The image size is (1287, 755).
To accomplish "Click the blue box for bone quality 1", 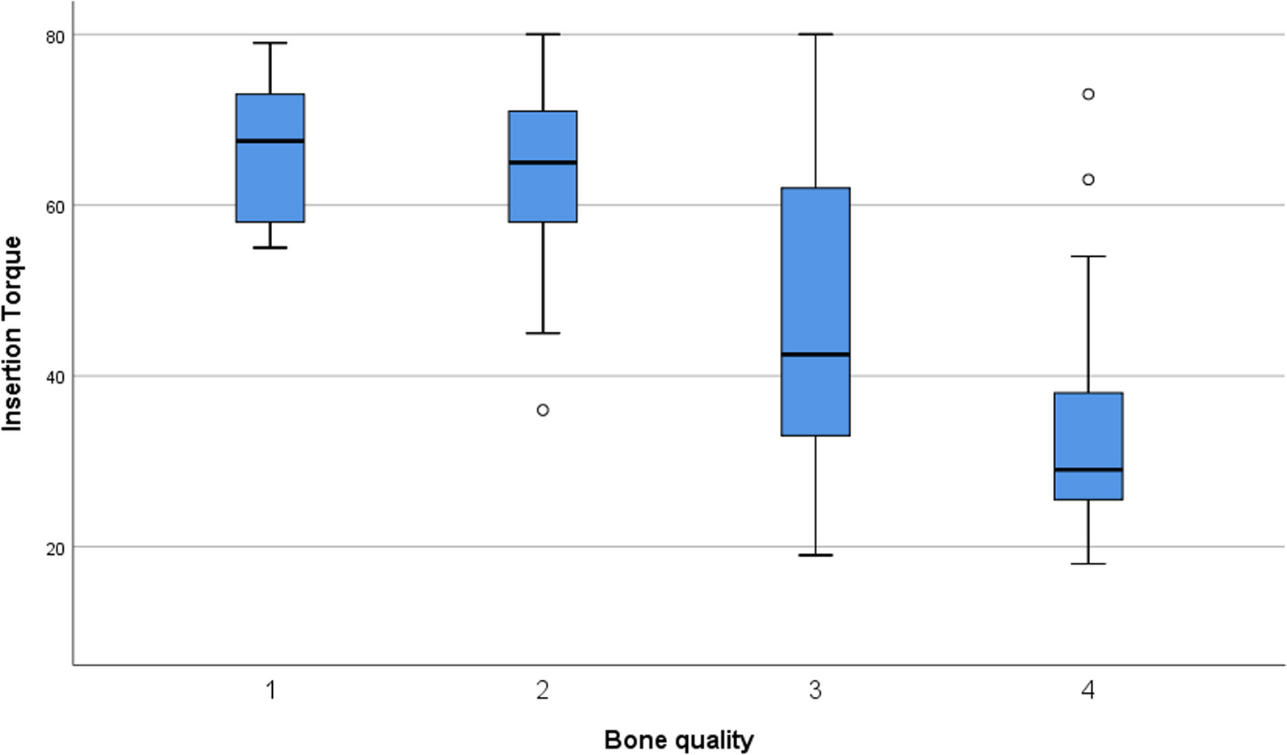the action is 270,158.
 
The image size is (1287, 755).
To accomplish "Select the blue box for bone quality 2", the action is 543,166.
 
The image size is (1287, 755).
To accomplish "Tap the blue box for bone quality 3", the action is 815,312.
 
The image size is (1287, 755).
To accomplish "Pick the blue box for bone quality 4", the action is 1088,446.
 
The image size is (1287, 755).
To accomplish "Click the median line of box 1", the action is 270,141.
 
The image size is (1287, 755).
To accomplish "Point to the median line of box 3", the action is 815,354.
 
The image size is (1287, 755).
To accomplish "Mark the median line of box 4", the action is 1088,469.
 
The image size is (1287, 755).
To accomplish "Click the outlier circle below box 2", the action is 543,410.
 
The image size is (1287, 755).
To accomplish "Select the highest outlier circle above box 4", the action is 1088,94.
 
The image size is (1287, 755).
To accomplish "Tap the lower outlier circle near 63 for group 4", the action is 1088,180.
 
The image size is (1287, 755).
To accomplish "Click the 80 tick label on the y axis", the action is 55,36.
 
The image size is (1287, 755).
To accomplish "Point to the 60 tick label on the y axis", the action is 55,206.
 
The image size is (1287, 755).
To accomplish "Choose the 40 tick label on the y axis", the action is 55,377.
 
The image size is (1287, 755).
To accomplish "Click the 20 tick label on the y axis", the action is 55,548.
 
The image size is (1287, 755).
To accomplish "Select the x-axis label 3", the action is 815,690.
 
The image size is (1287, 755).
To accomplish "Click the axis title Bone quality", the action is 678,740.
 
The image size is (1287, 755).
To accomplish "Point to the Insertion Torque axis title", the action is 11,333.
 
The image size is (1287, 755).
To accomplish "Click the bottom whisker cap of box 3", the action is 815,555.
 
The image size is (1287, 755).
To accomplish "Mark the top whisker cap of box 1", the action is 270,43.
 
